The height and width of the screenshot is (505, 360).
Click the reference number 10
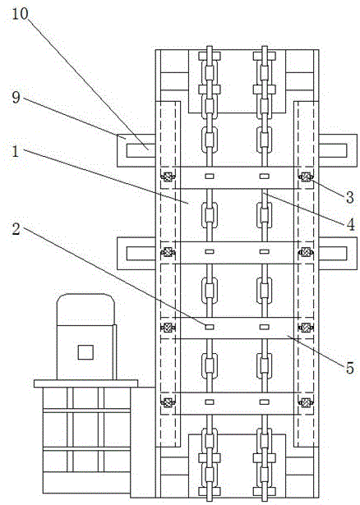point(20,14)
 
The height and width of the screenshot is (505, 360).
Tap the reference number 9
point(16,97)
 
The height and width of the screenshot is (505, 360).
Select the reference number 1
point(16,151)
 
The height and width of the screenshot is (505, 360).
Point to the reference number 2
point(16,229)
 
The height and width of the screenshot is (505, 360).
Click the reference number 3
point(350,197)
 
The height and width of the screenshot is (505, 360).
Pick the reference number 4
point(350,224)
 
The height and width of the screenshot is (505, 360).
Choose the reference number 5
point(350,368)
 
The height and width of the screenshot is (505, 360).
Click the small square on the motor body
point(85,352)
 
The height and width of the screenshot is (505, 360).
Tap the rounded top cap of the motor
point(85,310)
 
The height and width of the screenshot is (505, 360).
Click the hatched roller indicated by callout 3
point(305,177)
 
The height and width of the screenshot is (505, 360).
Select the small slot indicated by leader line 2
point(210,327)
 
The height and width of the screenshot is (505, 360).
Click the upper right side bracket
point(338,150)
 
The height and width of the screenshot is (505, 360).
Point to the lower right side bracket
point(338,253)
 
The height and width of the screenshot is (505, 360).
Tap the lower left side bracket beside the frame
point(136,253)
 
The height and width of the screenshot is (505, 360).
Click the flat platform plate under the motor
point(85,383)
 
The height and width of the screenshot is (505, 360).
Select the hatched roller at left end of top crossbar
point(168,177)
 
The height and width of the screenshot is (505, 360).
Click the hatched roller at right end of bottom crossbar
point(305,402)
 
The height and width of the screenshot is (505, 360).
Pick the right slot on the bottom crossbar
point(265,402)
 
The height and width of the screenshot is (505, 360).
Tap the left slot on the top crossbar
point(210,176)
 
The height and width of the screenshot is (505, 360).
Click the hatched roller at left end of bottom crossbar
point(168,402)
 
